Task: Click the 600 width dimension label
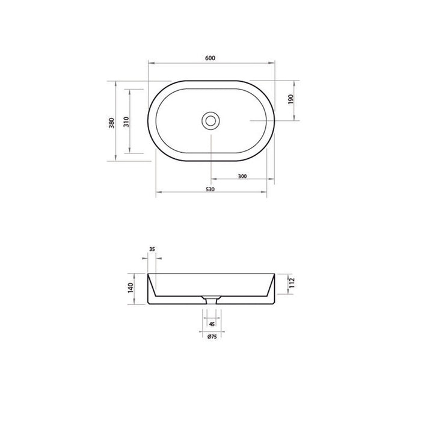point(210,58)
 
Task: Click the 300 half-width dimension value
point(243,176)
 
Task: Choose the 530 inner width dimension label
point(210,189)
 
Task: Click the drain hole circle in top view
point(210,120)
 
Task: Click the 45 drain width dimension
point(211,324)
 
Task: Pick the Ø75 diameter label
point(211,337)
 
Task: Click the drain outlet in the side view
point(211,300)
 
